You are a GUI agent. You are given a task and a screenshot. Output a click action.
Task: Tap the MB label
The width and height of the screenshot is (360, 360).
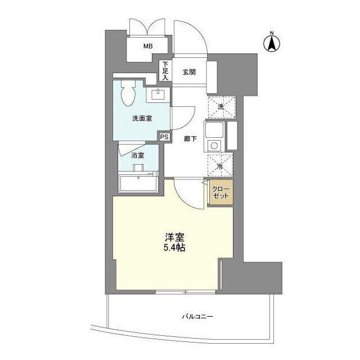[x=147, y=47]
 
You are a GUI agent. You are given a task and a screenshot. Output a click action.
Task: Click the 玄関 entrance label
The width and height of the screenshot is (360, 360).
[x=188, y=72]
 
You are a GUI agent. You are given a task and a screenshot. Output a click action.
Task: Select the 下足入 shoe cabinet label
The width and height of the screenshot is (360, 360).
[x=165, y=71]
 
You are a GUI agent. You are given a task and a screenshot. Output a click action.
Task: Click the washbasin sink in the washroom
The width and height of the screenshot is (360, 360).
[x=157, y=94]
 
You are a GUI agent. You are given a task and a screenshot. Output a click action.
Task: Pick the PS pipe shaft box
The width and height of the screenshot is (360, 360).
[x=164, y=137]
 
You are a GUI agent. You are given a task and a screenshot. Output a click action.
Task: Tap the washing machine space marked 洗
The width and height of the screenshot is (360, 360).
[x=220, y=107]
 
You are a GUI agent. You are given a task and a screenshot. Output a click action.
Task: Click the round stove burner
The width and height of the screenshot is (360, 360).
[x=214, y=146]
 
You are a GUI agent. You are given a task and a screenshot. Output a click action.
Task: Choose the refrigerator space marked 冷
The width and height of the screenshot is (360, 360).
[x=220, y=165]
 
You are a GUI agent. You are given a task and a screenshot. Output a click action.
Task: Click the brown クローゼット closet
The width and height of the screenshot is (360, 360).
[x=220, y=193]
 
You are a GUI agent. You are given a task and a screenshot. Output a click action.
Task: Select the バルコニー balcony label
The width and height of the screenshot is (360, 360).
[x=197, y=317]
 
